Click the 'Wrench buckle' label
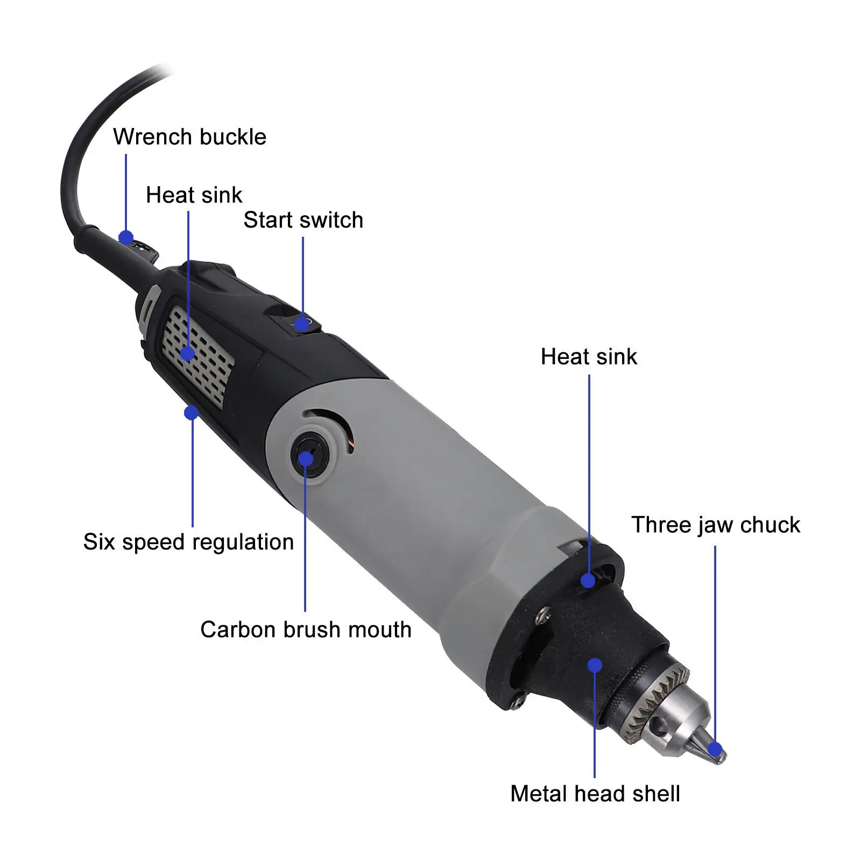point(189,137)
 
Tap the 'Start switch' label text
point(303,220)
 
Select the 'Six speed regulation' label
point(188,542)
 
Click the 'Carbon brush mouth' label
point(306,630)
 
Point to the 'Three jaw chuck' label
point(715,525)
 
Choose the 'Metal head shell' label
point(595,794)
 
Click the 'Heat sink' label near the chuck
point(589,357)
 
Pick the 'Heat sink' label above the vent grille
point(194,195)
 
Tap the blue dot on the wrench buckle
point(126,237)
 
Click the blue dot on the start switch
point(302,324)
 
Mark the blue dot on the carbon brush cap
point(306,458)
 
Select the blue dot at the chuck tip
point(715,749)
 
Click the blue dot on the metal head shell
point(595,665)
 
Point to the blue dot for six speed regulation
point(191,413)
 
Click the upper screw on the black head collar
point(545,611)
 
